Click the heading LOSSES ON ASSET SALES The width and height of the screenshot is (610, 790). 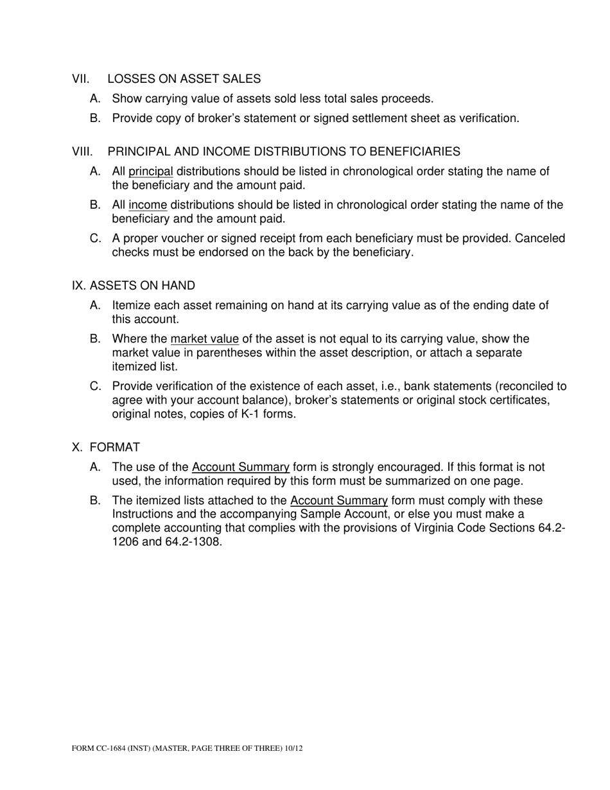coord(184,79)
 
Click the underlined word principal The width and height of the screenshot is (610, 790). coord(151,171)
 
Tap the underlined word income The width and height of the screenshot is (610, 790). coord(148,205)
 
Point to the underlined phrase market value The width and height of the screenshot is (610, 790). coord(204,338)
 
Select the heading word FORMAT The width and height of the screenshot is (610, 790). coord(115,447)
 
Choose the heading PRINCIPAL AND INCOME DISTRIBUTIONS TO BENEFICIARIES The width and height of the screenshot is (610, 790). coord(284,152)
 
